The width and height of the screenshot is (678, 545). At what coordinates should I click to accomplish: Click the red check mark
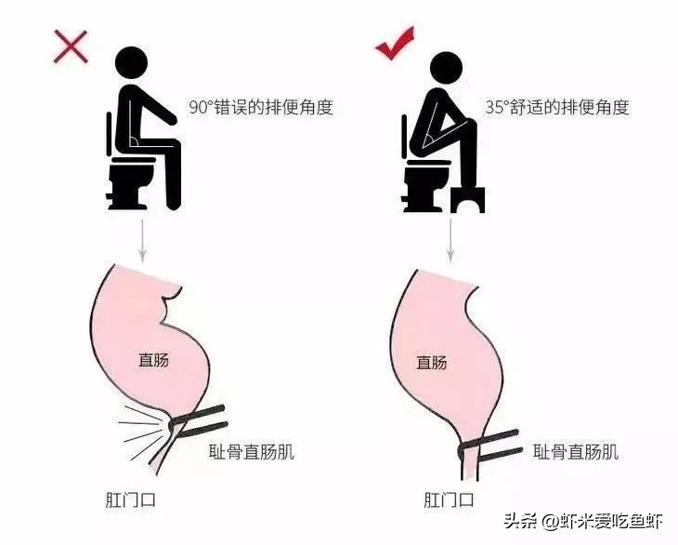pyautogui.click(x=394, y=45)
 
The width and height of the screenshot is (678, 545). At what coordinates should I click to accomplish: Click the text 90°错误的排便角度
pyautogui.click(x=260, y=108)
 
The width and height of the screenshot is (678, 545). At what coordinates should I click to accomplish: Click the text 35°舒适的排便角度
pyautogui.click(x=557, y=108)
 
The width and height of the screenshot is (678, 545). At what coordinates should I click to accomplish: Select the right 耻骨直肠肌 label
pyautogui.click(x=576, y=453)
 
